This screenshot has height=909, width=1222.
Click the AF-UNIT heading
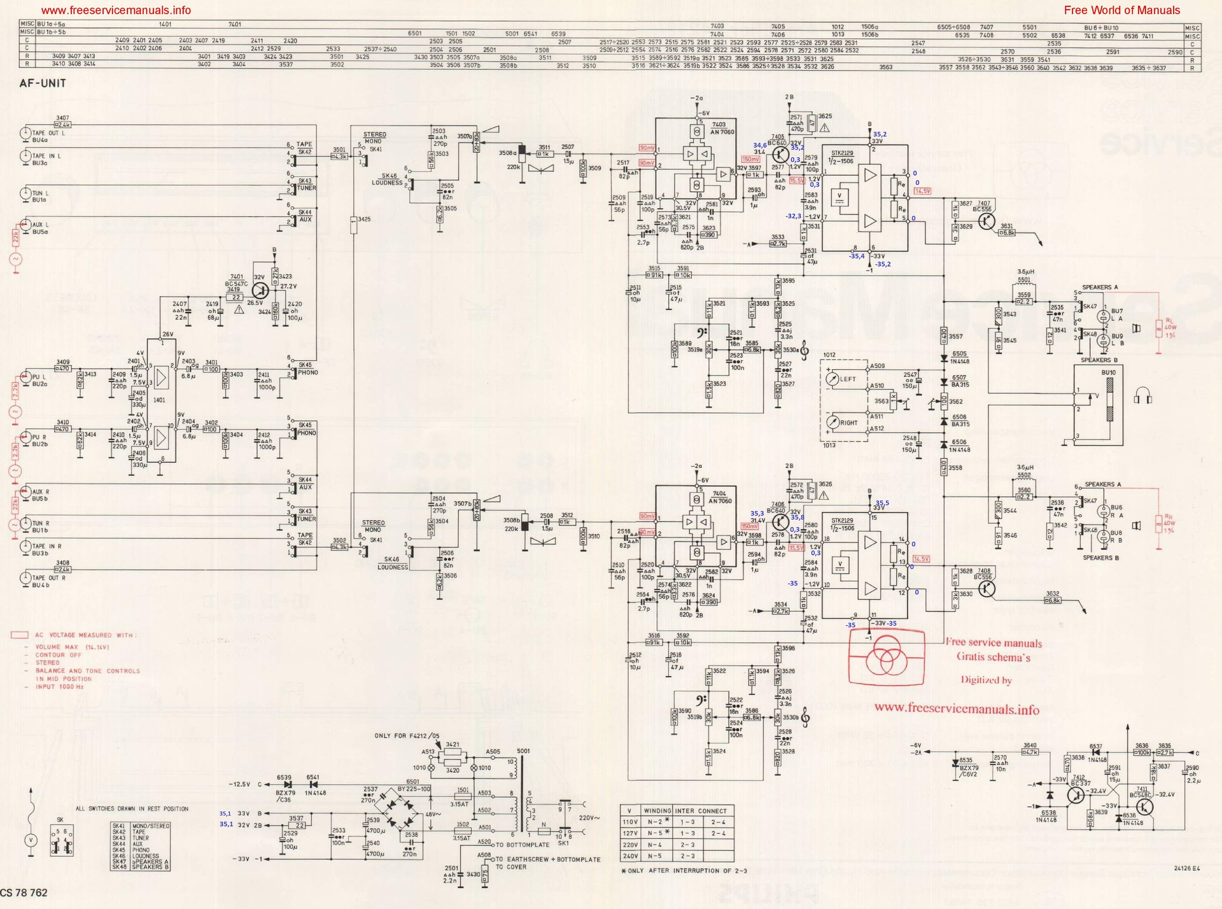[x=43, y=83]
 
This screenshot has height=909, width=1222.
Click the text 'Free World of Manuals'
[x=1121, y=10]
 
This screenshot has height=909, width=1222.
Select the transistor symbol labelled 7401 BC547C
[x=260, y=291]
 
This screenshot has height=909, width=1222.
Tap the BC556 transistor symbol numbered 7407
[x=987, y=221]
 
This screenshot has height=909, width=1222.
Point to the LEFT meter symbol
[x=833, y=379]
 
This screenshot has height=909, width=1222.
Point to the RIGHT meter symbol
[x=833, y=422]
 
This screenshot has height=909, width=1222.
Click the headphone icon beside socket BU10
[x=1143, y=399]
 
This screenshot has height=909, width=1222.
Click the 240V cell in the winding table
[x=630, y=856]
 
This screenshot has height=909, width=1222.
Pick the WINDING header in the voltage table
[x=657, y=811]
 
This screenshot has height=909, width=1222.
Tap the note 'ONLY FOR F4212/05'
[x=407, y=736]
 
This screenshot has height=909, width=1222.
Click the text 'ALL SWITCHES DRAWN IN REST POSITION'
[x=132, y=809]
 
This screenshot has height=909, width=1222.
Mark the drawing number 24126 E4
[x=1186, y=868]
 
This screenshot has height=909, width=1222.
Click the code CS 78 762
[x=24, y=892]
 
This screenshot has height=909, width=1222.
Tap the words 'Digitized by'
[x=986, y=680]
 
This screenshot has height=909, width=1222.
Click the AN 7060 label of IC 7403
[x=722, y=132]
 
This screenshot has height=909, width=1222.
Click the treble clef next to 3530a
[x=804, y=349]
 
